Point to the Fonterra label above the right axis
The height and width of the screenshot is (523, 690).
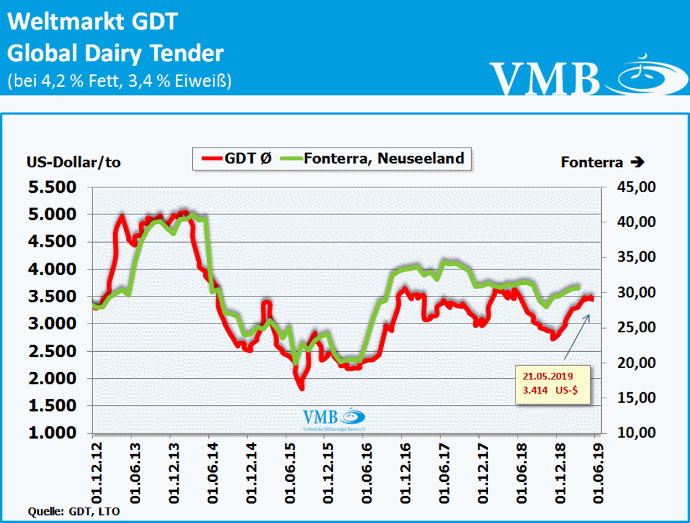[x=602, y=162]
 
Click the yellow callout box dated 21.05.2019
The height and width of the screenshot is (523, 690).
[x=552, y=385]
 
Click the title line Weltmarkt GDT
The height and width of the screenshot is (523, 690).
[x=92, y=22]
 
